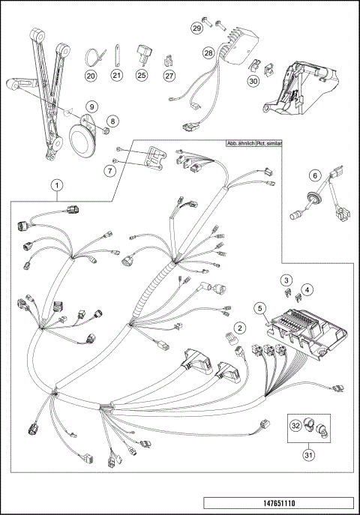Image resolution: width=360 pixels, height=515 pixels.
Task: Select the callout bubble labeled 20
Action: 91,75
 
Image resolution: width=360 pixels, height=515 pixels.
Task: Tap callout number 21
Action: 117,75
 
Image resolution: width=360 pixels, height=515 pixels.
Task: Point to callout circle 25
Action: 141,75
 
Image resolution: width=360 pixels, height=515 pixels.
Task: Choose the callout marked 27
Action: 169,75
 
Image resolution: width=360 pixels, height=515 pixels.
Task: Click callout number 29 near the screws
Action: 196,28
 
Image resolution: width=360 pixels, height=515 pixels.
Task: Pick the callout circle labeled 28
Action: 208,53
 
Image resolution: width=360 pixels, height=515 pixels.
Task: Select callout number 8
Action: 111,121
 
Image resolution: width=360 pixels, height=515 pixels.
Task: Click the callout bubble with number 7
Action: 109,171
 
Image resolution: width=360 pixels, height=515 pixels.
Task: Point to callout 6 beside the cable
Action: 315,175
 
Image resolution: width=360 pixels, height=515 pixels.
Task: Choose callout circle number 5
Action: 259,307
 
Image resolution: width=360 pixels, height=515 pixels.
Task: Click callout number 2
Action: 239,328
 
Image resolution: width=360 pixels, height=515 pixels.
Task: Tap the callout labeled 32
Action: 296,425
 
